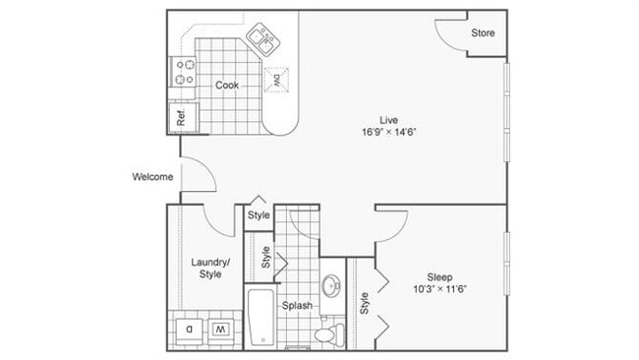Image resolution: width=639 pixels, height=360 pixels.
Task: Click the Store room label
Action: [x=482, y=33]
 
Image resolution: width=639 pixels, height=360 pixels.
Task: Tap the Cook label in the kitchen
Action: [x=227, y=86]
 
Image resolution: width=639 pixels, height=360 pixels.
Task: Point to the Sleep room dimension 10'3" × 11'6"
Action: [x=439, y=288]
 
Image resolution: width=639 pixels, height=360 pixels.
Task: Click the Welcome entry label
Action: [x=153, y=177]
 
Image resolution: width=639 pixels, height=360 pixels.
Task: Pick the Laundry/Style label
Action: [x=210, y=268]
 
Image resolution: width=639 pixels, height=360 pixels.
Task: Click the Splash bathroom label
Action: [x=297, y=306]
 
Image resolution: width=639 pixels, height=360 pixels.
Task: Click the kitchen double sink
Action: [x=261, y=38]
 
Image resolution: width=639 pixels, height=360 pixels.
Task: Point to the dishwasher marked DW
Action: [x=277, y=81]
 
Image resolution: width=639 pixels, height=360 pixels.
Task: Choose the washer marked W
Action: [x=221, y=329]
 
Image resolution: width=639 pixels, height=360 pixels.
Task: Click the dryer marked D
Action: [x=190, y=329]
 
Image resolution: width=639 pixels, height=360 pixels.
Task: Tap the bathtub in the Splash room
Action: [x=261, y=317]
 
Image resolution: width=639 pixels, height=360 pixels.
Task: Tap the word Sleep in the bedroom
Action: [x=439, y=275]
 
